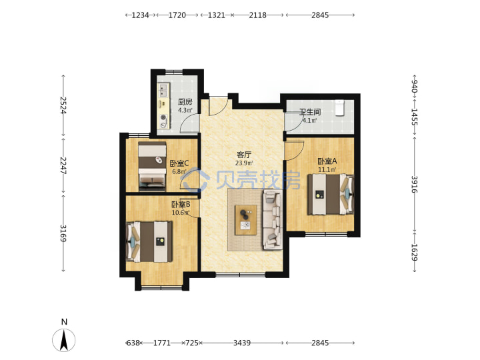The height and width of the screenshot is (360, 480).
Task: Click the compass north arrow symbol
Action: point(64,340)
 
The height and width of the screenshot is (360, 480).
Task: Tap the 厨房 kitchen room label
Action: point(185,101)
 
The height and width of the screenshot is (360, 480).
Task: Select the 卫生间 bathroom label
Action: point(310,112)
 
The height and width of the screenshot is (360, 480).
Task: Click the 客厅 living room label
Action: point(244,155)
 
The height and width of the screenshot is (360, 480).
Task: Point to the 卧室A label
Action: point(327,161)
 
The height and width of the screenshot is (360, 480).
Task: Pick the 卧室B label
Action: point(181,204)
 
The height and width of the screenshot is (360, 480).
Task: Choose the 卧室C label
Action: point(179,163)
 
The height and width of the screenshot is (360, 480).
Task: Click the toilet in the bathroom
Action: point(340,108)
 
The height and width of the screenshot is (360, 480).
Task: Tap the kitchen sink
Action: point(163,90)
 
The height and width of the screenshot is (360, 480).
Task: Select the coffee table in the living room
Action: point(245,220)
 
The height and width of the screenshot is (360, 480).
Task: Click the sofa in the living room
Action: point(273,220)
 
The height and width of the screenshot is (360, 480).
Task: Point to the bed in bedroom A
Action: point(331,194)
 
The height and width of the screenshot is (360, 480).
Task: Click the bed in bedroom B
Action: point(149,241)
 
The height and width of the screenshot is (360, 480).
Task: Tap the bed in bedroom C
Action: point(152,166)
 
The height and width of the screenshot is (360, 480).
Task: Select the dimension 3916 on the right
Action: point(414,184)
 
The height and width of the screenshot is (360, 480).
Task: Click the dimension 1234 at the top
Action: point(140,15)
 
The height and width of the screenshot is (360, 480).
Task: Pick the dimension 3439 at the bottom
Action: point(242,343)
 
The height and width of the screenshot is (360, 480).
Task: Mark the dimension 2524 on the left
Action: point(63,105)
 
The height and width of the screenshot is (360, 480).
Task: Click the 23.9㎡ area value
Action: point(244,163)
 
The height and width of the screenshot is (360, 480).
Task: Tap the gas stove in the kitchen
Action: point(163,121)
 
